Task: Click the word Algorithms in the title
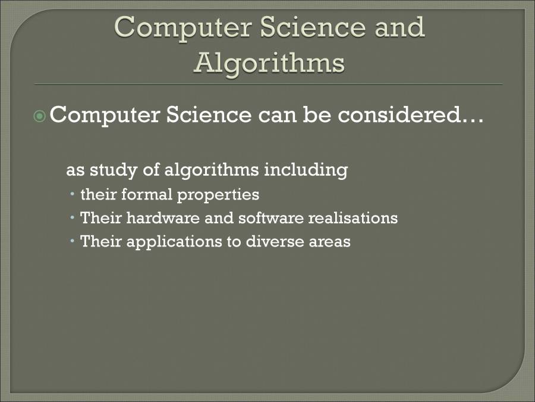[x=269, y=64]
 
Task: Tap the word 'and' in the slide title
[x=399, y=27]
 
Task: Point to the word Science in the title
[x=313, y=27]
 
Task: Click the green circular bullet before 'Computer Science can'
[x=40, y=116]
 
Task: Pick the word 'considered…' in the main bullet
[x=410, y=114]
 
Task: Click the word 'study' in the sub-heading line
[x=114, y=170]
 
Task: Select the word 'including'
[x=306, y=170]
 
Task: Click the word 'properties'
[x=218, y=195]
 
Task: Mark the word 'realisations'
[x=353, y=218]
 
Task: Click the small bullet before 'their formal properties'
[x=73, y=194]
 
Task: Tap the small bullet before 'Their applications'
[x=73, y=241]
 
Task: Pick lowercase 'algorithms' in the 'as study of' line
[x=212, y=170]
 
